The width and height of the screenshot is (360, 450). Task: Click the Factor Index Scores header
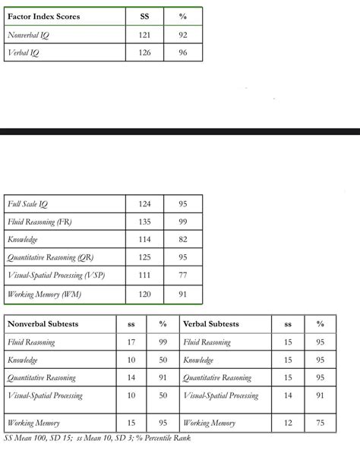[x=43, y=17]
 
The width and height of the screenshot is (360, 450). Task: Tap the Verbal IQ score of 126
[x=145, y=53]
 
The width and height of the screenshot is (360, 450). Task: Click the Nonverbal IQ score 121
[x=145, y=35]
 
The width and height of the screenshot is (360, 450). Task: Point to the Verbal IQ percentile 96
[x=182, y=53]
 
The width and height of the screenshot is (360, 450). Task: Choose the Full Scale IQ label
[x=27, y=204]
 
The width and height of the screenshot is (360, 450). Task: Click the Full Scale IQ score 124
[x=145, y=204]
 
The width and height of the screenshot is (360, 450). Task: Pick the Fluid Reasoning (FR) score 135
[x=145, y=222]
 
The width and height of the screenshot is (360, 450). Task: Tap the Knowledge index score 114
[x=145, y=240]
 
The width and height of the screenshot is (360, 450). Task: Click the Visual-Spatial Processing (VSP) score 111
[x=145, y=276]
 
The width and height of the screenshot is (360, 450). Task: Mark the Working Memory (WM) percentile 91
[x=182, y=294]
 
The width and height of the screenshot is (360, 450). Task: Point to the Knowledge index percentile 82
[x=182, y=240]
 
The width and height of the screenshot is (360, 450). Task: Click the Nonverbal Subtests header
[x=43, y=324]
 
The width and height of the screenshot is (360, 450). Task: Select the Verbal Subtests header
[x=211, y=324]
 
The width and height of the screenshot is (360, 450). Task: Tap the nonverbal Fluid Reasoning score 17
[x=131, y=342]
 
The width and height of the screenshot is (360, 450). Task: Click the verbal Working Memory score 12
[x=288, y=423]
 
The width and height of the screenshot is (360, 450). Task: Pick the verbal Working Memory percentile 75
[x=320, y=423]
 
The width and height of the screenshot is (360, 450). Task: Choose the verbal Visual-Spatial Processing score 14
[x=288, y=395]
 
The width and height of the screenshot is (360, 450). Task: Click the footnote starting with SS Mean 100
[x=96, y=438]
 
